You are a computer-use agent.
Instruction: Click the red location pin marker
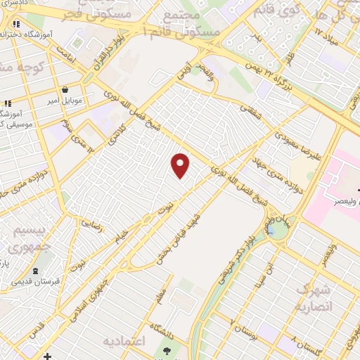tap(181, 165)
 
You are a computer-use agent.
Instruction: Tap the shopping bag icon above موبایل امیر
tap(65, 91)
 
